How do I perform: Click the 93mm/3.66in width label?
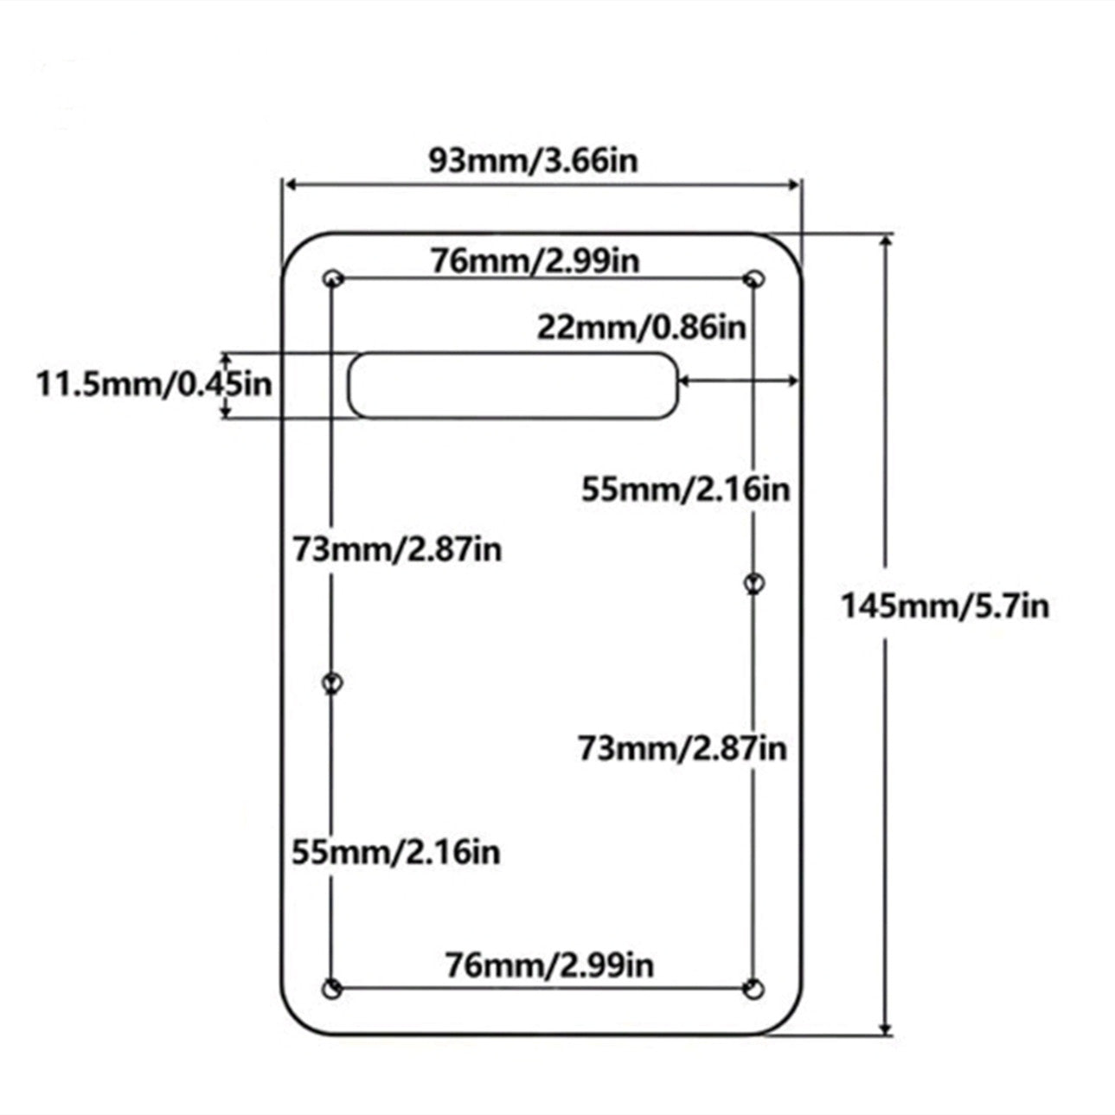tap(534, 161)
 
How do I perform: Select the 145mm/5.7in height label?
tap(945, 606)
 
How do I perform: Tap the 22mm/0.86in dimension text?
tap(641, 328)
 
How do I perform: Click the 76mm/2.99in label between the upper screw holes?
tap(535, 260)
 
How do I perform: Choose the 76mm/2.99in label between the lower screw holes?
tap(549, 964)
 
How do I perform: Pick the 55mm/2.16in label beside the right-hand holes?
tap(685, 490)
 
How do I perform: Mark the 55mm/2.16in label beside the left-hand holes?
tap(395, 852)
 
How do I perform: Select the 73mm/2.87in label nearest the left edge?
tap(397, 548)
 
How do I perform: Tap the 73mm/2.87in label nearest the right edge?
tap(682, 747)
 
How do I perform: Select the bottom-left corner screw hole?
tap(331, 989)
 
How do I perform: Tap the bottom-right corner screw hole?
tap(755, 989)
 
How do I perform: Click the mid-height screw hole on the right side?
tap(754, 583)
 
